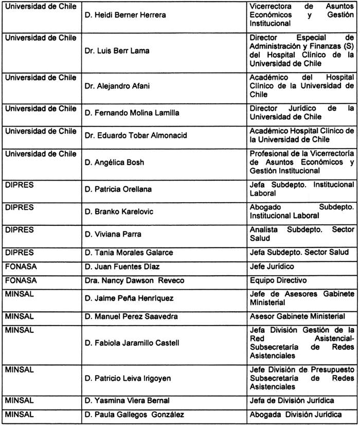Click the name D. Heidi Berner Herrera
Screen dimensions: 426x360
tap(125, 15)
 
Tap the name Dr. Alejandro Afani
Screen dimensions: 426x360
tap(117, 86)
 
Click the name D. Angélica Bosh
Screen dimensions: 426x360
tap(115, 162)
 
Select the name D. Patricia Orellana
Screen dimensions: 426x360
tap(118, 189)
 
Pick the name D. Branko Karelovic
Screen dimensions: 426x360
tap(118, 211)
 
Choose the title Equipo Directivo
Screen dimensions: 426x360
tap(277, 280)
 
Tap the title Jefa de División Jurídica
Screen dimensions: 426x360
tap(291, 401)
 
